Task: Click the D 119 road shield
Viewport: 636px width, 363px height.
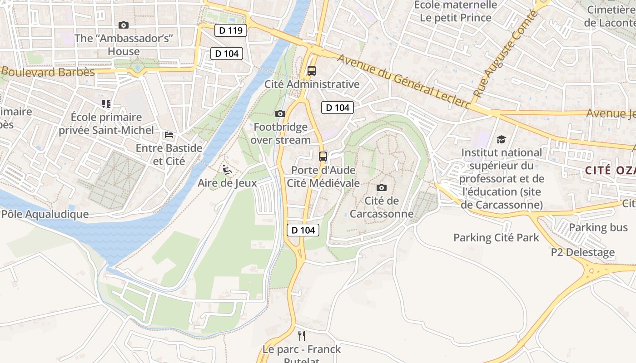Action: point(230,30)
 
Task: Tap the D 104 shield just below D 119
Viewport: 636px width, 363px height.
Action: point(227,54)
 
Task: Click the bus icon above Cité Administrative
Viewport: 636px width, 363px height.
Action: point(311,71)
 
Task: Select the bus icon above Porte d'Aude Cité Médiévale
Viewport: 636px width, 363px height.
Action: point(323,157)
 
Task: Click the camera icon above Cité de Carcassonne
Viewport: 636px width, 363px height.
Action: point(382,187)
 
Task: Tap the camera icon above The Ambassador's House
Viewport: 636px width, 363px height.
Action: point(123,25)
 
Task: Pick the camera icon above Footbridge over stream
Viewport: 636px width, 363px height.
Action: point(280,113)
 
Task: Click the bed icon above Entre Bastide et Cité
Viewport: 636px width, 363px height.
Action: point(169,135)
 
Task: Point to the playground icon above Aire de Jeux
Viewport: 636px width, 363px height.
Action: point(227,170)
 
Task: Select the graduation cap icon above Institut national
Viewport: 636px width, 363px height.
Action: point(501,139)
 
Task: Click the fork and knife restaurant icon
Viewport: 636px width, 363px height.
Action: point(301,336)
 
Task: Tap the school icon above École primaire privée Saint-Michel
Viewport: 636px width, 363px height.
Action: point(106,104)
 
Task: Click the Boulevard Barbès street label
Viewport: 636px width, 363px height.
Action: point(48,72)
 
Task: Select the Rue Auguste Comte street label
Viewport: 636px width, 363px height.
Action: point(505,54)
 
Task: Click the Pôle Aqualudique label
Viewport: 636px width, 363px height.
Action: point(45,214)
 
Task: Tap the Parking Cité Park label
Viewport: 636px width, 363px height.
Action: point(496,237)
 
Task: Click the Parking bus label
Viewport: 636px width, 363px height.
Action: point(598,227)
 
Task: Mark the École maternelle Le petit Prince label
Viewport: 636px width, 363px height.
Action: point(455,11)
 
